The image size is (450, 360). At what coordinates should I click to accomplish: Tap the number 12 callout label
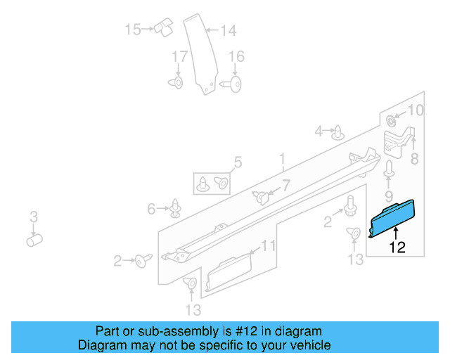(397, 247)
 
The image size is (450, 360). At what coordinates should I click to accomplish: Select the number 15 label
(133, 30)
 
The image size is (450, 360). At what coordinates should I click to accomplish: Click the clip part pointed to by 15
(165, 28)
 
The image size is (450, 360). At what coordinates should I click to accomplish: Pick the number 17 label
(180, 56)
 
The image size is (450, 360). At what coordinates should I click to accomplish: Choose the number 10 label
(416, 110)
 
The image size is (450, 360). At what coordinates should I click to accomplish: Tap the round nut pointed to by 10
(392, 117)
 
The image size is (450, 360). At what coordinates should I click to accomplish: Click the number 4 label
(319, 131)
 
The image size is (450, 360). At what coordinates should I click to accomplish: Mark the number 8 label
(414, 160)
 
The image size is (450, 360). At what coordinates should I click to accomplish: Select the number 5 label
(238, 163)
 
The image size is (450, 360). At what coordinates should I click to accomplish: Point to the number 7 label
(285, 186)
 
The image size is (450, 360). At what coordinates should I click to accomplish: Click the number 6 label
(151, 208)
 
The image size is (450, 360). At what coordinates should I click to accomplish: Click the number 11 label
(268, 246)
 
